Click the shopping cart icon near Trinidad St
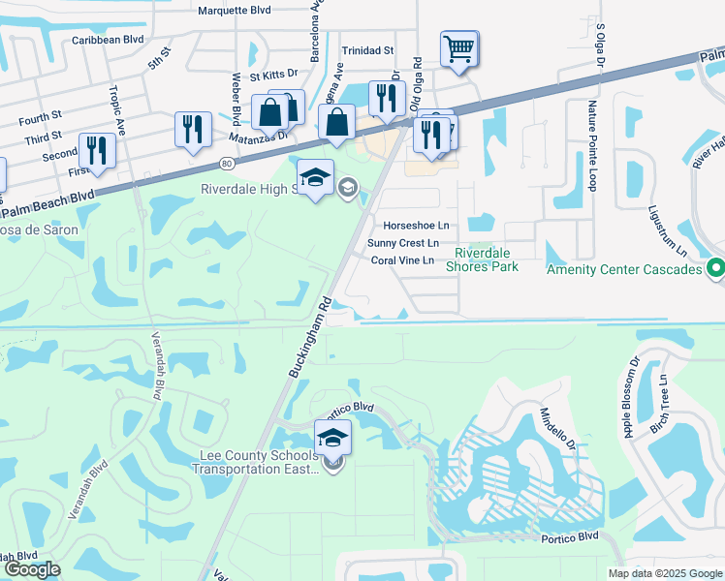tap(458, 47)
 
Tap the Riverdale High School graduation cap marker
tap(315, 178)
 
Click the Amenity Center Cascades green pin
tap(716, 268)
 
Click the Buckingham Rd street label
tap(309, 332)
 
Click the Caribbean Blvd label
tap(108, 41)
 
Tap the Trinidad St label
tap(367, 50)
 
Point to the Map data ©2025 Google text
tap(663, 573)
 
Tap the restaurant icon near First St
tap(97, 151)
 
